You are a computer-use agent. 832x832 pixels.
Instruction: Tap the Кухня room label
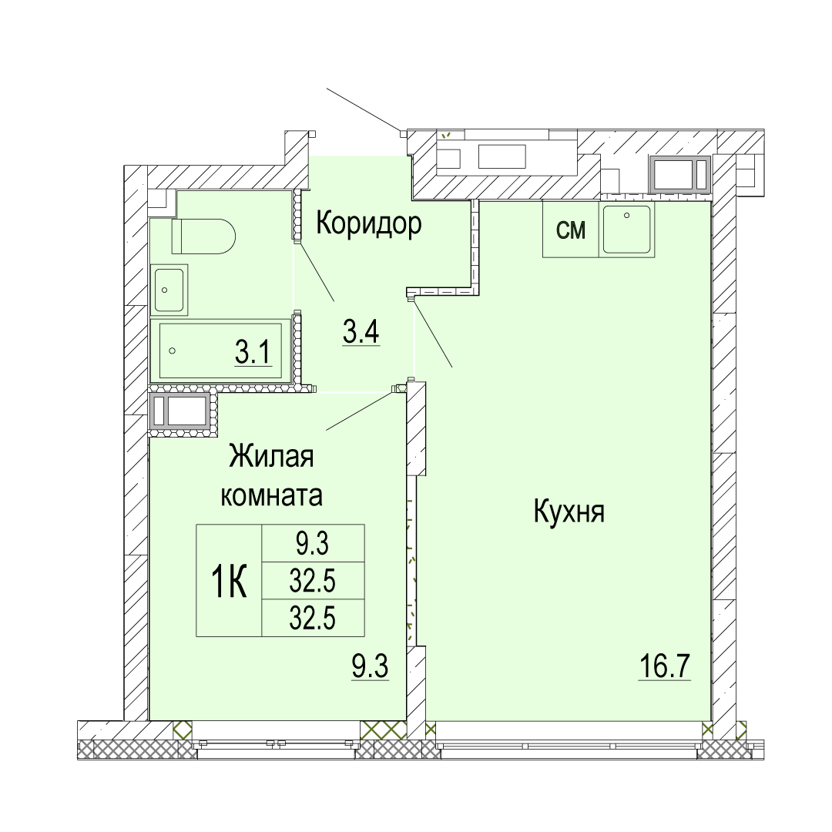[569, 512]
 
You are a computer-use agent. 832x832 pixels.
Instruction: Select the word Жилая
[271, 457]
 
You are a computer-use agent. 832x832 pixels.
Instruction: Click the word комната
[271, 495]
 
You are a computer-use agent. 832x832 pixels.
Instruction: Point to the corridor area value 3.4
[361, 334]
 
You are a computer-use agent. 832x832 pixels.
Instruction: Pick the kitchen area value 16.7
[664, 666]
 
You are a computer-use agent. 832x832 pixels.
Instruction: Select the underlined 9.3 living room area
[370, 666]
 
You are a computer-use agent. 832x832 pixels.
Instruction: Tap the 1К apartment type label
[230, 581]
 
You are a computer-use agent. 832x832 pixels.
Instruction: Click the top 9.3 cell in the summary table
[313, 544]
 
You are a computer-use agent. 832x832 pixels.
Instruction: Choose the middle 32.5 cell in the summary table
[313, 582]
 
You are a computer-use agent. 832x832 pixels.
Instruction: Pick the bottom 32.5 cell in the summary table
[313, 618]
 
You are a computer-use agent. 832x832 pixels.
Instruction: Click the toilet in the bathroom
[203, 237]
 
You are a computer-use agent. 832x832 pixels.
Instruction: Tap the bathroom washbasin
[169, 290]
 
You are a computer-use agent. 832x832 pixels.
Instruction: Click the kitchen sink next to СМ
[626, 230]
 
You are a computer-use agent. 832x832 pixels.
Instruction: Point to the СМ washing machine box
[571, 230]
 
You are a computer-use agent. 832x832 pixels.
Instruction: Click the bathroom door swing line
[316, 272]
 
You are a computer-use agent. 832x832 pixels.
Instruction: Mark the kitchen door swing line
[432, 334]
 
